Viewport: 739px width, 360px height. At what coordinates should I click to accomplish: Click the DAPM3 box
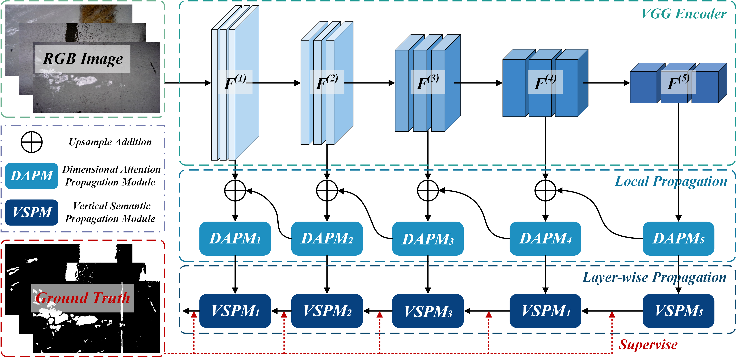tap(427, 239)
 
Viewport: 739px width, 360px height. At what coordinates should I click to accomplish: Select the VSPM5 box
tap(678, 311)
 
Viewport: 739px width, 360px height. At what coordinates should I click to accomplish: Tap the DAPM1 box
tap(235, 239)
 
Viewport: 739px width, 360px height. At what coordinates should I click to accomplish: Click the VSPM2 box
tap(327, 311)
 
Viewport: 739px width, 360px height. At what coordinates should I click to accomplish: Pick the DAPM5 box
tap(678, 239)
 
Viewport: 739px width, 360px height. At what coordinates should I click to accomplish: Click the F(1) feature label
tap(235, 82)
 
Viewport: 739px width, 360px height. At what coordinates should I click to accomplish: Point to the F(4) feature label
tap(545, 82)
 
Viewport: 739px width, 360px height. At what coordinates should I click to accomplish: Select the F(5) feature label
tap(678, 82)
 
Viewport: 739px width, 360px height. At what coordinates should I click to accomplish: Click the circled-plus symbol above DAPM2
tap(327, 190)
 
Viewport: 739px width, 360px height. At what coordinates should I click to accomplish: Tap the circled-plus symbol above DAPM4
tap(545, 190)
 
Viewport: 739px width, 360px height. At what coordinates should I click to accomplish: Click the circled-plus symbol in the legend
tap(32, 142)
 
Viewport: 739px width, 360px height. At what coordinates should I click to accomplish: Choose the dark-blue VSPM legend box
tap(32, 213)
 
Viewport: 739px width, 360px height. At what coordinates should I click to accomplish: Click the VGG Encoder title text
tap(683, 14)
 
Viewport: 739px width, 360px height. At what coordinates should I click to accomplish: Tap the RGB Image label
tap(83, 59)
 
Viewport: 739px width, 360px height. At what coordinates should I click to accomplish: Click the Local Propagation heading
tap(671, 181)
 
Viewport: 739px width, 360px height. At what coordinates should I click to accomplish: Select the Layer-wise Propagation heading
tap(654, 277)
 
